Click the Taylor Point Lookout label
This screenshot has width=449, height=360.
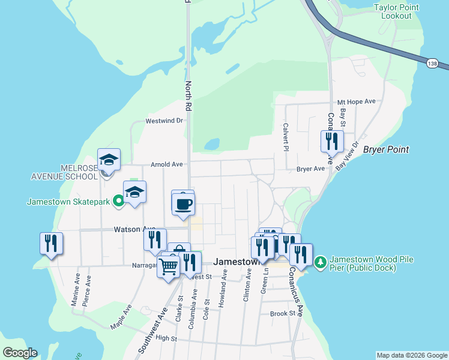point(396,11)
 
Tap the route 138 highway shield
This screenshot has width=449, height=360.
point(432,64)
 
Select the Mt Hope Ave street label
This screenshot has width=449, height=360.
point(356,102)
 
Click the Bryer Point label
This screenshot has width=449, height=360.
point(386,149)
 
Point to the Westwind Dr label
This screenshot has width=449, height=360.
point(164,121)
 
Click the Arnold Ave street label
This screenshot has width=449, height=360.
point(166,164)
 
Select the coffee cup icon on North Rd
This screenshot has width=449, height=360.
point(183,203)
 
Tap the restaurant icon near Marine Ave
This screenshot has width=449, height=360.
point(51,243)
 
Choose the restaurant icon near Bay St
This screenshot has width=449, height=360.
point(332,141)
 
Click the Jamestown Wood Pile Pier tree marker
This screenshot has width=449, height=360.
point(321,262)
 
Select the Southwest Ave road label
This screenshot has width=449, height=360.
point(151,331)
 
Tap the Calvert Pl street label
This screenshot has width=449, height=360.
point(286,133)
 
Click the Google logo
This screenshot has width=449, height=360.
point(20,353)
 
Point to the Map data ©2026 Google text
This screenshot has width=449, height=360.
point(411,355)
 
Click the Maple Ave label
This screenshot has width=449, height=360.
point(121,318)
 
